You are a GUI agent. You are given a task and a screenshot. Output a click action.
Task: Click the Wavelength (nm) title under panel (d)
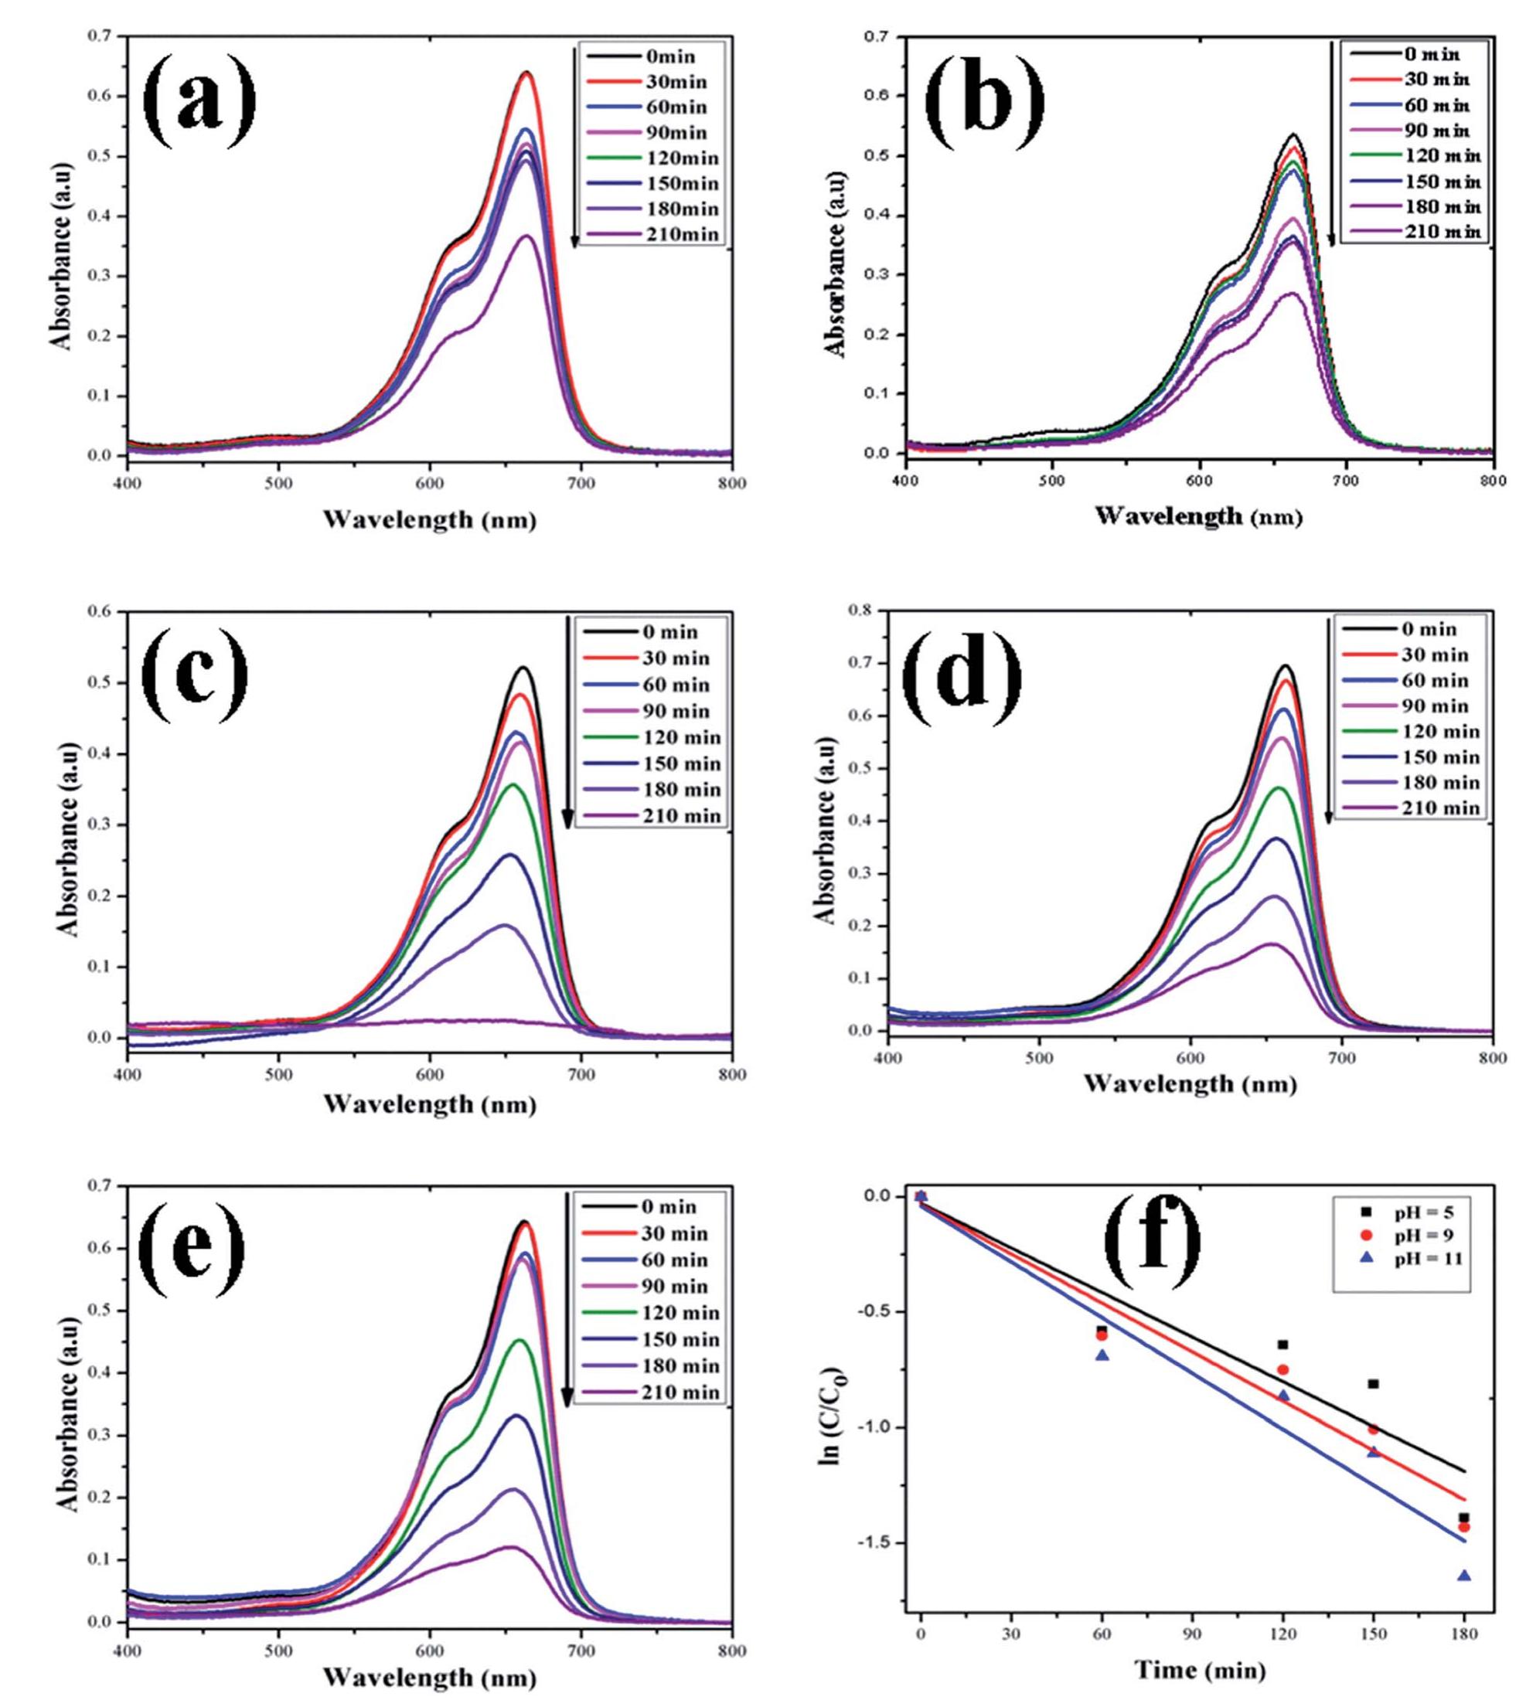click(x=1189, y=1084)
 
